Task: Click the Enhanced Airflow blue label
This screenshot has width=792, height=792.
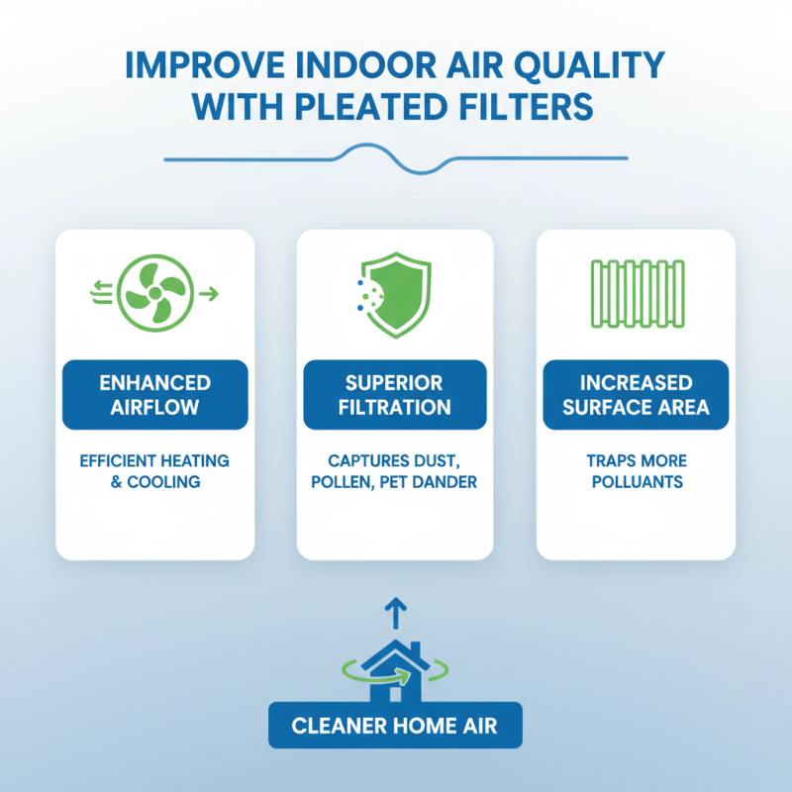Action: click(x=155, y=395)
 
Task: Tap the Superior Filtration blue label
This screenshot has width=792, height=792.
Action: click(x=395, y=395)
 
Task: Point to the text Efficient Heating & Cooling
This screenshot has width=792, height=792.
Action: click(x=155, y=471)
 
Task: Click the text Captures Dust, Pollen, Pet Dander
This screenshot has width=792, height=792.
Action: click(x=395, y=471)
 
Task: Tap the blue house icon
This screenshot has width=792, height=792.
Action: click(x=394, y=666)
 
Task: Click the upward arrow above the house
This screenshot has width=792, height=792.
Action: click(x=394, y=614)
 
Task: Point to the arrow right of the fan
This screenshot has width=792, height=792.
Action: click(x=208, y=293)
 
